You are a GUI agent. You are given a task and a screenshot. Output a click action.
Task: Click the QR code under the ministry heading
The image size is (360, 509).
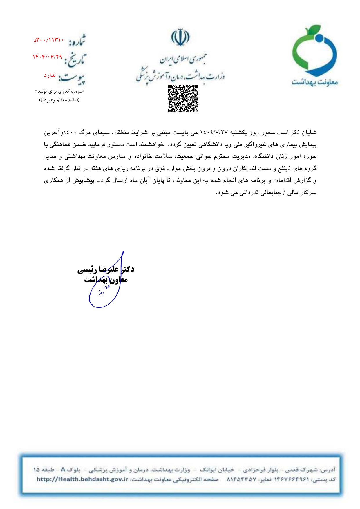tap(183, 98)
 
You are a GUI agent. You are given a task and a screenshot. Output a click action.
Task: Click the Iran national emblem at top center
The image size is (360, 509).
tap(180, 37)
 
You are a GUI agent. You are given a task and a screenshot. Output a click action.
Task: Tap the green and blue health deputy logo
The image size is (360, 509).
tap(314, 51)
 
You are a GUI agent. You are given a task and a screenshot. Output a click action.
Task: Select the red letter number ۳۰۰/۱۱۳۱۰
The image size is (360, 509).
tap(49, 40)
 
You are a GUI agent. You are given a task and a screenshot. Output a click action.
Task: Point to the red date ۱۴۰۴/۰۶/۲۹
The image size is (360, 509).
tap(48, 57)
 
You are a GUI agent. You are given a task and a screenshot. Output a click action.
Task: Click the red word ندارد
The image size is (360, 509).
tap(50, 75)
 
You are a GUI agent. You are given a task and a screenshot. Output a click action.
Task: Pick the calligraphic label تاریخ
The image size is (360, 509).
tap(76, 59)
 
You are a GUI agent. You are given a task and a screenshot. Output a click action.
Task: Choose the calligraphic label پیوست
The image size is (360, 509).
tap(72, 78)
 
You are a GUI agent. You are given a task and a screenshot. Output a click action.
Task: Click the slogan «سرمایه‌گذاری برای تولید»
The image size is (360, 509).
tap(60, 91)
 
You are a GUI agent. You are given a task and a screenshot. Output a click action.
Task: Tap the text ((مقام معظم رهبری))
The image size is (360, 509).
tap(59, 100)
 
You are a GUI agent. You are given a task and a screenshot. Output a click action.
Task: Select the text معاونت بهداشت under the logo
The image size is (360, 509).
tap(315, 82)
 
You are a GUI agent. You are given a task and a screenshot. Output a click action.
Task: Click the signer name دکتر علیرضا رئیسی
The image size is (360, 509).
tap(106, 269)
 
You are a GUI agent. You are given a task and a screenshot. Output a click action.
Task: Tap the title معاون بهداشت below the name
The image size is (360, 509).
tap(106, 280)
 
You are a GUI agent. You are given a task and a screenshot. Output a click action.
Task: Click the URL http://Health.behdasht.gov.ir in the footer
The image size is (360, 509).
tap(82, 479)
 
